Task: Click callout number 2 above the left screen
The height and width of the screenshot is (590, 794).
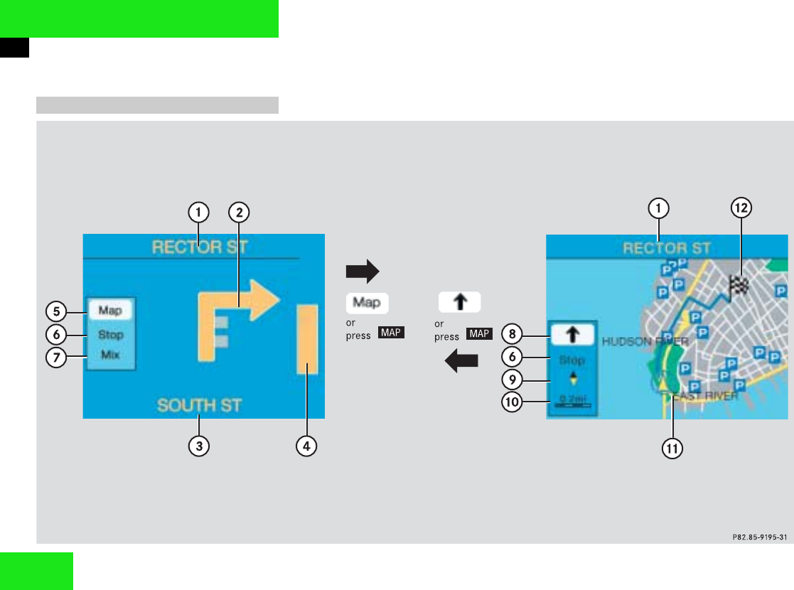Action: pos(240,211)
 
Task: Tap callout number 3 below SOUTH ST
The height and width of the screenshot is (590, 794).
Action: pos(199,446)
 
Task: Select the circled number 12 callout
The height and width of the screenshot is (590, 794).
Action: pos(741,208)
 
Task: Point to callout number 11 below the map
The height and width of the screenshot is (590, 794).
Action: pos(672,449)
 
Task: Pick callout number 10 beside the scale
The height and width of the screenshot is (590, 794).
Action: pos(512,403)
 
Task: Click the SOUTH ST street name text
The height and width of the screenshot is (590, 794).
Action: pos(200,406)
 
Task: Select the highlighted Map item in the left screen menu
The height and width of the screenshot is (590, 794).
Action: pos(110,311)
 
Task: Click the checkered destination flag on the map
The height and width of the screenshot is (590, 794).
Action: pos(739,286)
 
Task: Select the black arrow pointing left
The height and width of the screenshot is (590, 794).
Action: pos(461,363)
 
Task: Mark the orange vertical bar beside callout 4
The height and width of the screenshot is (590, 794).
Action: pos(307,339)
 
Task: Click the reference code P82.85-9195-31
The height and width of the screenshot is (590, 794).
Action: pos(758,537)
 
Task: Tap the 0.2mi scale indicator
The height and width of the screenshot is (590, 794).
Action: pos(573,402)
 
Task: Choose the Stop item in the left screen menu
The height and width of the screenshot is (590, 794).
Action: pos(110,334)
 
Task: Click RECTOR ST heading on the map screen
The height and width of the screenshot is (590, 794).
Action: pos(666,248)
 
